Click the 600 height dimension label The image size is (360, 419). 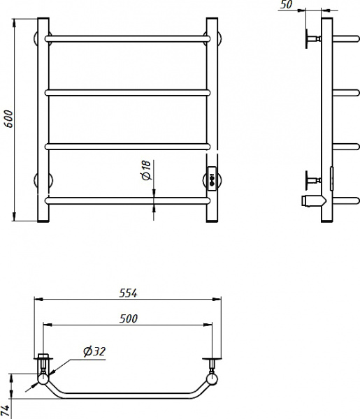click(x=9, y=119)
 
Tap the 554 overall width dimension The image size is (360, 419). click(x=128, y=293)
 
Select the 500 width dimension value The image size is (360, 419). click(x=129, y=318)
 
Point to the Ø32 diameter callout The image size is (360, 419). click(x=94, y=351)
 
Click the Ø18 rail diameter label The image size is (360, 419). click(x=147, y=170)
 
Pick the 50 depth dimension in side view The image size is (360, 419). click(x=287, y=4)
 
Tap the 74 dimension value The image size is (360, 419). click(x=5, y=411)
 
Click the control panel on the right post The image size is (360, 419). click(x=212, y=179)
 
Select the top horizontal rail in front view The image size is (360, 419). click(x=128, y=38)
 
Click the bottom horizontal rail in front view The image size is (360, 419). click(x=128, y=200)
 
